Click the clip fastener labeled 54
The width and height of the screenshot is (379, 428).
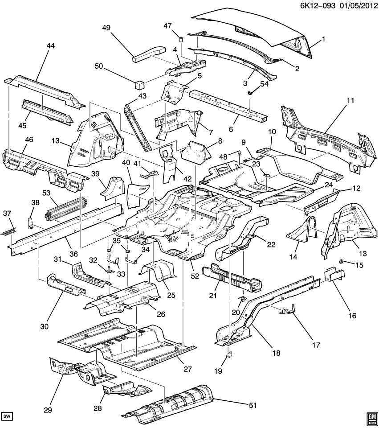251,92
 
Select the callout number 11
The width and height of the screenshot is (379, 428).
350,100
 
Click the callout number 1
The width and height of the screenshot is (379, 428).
324,39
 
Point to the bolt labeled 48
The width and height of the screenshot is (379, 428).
240,152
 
